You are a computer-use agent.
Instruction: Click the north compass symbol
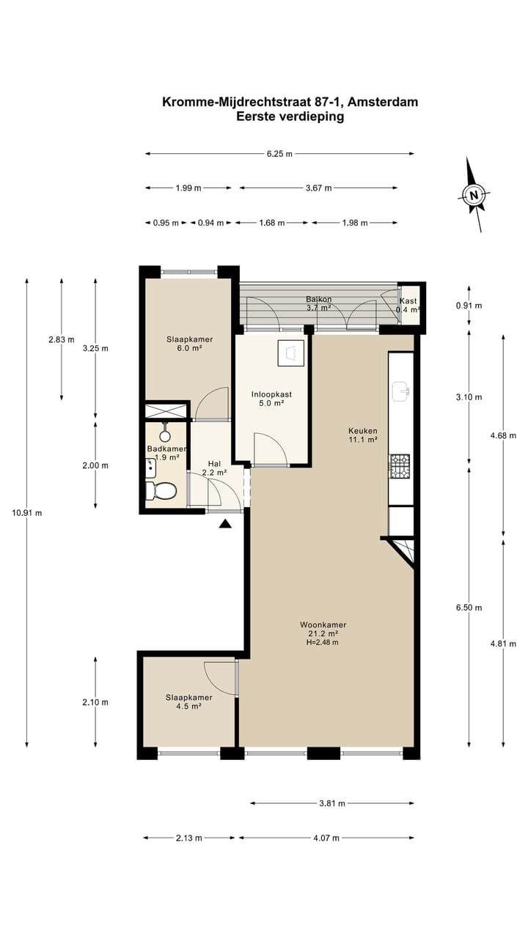[x=475, y=195]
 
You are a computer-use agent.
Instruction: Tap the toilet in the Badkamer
[x=161, y=490]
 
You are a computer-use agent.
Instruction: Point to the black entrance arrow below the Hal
[x=225, y=523]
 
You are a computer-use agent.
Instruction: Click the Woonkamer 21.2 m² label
[x=323, y=629]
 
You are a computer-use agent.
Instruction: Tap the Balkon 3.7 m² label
[x=318, y=303]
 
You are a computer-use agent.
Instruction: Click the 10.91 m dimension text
[x=28, y=513]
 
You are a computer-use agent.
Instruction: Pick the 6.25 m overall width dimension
[x=279, y=154]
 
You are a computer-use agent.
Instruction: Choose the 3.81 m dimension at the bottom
[x=332, y=803]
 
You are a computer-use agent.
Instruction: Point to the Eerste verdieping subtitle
[x=290, y=117]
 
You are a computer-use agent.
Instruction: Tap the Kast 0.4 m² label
[x=408, y=306]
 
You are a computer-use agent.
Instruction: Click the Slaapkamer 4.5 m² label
[x=188, y=702]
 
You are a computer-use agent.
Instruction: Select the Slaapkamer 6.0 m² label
[x=184, y=344]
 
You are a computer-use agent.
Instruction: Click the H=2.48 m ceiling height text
[x=323, y=643]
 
